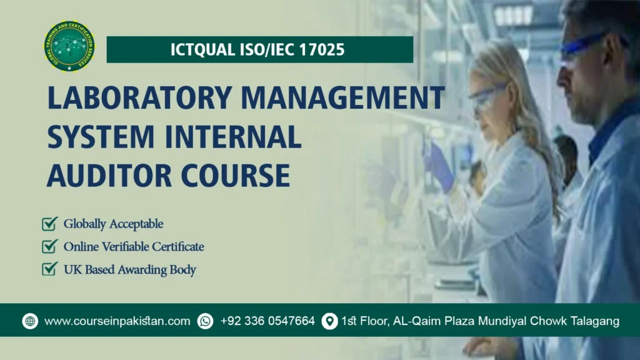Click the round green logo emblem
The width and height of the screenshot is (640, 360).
click(x=69, y=46)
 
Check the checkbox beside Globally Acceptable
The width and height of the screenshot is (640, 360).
click(x=50, y=223)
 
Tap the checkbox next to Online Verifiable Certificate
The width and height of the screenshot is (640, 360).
click(x=50, y=246)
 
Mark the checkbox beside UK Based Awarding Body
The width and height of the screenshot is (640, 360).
click(x=50, y=269)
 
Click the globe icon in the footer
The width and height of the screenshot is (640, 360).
click(x=30, y=321)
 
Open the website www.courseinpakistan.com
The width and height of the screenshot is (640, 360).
click(x=117, y=321)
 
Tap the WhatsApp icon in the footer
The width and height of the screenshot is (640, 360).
click(x=205, y=321)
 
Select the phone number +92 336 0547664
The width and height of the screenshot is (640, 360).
click(x=267, y=321)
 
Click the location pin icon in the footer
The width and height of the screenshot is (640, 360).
click(x=329, y=321)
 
